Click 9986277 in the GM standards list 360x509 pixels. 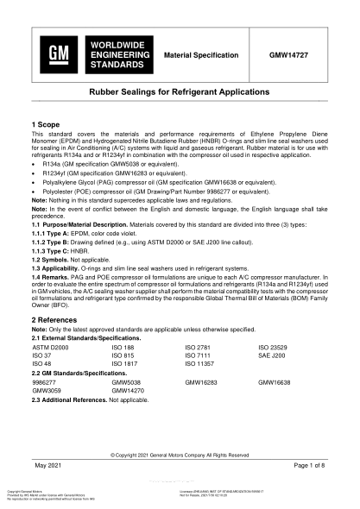[45, 380]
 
